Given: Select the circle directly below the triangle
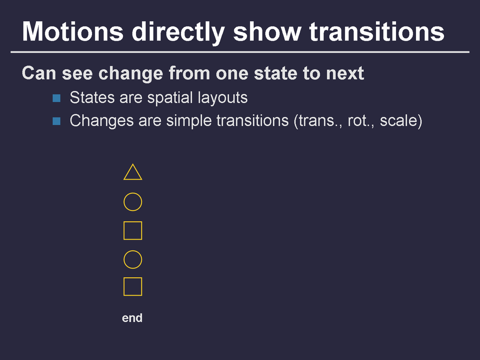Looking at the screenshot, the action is tap(124, 202).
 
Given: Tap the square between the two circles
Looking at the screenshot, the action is tap(124, 231).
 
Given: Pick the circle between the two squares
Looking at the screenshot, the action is tap(124, 260).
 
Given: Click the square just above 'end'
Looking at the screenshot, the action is tap(124, 287).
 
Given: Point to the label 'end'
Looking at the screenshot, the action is tap(132, 318).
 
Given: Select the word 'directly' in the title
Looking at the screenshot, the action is tap(179, 33).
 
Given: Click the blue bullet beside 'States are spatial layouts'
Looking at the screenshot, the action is tap(56, 98).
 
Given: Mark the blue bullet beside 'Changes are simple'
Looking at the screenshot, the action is tap(56, 121).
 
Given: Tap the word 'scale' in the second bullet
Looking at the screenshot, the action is tap(399, 120).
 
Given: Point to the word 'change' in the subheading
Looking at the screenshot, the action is tap(130, 74).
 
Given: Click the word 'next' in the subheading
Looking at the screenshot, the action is tap(345, 74).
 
